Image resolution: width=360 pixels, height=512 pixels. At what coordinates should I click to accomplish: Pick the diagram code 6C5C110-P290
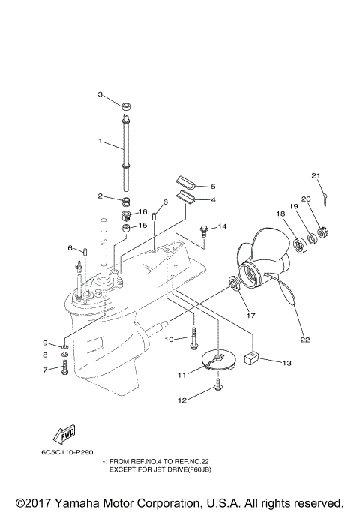[67, 453]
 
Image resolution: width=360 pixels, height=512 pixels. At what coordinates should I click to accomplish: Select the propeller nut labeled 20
[322, 232]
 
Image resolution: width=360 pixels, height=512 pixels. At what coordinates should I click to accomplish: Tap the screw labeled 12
[217, 384]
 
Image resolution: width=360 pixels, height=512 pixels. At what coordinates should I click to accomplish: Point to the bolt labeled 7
[65, 368]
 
